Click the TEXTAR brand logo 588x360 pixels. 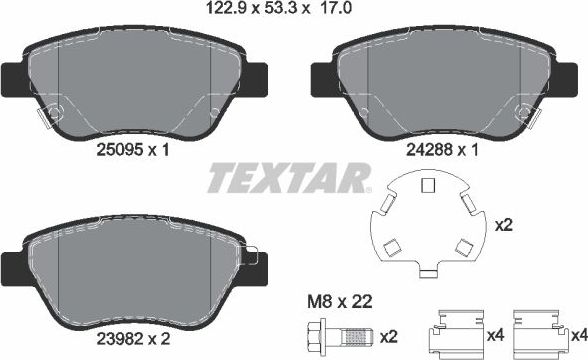[290, 182]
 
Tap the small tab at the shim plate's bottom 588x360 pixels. [428, 271]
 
